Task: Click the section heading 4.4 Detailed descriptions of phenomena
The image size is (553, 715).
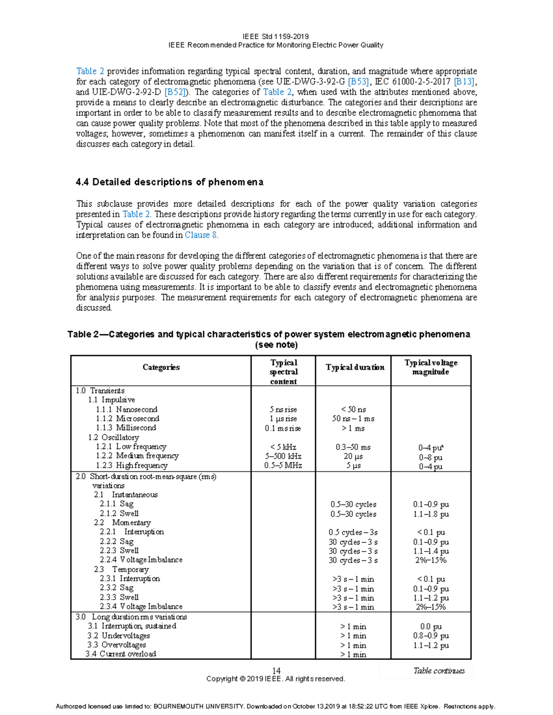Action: [169, 182]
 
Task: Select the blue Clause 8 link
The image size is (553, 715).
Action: [200, 235]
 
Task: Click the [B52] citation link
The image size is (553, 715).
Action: [175, 92]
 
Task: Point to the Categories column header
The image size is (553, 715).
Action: [161, 367]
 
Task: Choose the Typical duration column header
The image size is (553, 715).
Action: [354, 367]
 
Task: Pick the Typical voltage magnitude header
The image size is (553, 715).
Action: [430, 367]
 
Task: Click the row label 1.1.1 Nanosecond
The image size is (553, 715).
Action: [127, 409]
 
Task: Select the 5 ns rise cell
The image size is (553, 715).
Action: [283, 409]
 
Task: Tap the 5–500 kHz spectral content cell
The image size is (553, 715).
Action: [283, 456]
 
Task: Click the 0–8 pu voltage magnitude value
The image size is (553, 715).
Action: [430, 457]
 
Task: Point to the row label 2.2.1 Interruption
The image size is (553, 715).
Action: [132, 532]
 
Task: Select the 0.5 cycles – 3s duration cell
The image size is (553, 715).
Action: [353, 532]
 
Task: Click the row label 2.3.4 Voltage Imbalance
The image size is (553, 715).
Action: [141, 606]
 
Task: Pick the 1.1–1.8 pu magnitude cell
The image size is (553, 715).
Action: [430, 514]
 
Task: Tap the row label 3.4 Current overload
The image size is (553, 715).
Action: [121, 654]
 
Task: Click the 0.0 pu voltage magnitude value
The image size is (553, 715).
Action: [430, 627]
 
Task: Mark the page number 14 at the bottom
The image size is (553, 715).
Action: [276, 671]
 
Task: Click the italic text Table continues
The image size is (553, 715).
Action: [439, 671]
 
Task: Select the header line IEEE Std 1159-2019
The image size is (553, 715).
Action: [276, 36]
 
